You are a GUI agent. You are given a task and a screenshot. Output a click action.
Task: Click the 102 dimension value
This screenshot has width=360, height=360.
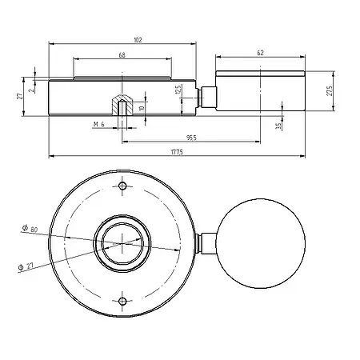pos(138,40)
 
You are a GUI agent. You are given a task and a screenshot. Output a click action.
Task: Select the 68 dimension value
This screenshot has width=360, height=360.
pos(122,55)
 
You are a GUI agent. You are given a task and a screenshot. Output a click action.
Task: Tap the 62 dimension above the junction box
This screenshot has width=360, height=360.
pos(260,53)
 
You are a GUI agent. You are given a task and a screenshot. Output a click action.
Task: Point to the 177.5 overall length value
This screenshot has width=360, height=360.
pos(177,152)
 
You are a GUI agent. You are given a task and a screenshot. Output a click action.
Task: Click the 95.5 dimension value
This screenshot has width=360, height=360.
pos(191,138)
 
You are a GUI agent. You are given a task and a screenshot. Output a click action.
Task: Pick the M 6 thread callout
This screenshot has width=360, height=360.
pos(99,124)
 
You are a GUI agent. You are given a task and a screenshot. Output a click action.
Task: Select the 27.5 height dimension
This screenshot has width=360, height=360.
pos(330,91)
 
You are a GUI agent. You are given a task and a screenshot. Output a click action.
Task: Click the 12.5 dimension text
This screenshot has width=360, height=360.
pos(178,90)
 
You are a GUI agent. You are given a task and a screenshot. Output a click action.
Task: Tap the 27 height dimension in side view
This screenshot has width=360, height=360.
pos(19,96)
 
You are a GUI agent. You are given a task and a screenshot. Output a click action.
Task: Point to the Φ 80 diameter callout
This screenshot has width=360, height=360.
pos(30,229)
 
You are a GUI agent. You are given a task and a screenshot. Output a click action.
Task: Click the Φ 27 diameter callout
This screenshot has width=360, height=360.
pos(26,266)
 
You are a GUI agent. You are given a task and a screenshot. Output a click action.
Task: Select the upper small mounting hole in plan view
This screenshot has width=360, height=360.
pos(122,186)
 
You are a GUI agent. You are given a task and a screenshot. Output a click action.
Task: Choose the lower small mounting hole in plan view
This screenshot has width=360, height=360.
pos(122,302)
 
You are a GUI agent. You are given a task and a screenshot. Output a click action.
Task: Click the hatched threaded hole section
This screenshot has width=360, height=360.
pos(122,105)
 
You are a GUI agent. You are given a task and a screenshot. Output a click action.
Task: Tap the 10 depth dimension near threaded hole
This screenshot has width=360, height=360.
pos(142,108)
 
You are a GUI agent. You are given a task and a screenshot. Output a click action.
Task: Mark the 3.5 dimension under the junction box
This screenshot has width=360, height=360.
pos(278,126)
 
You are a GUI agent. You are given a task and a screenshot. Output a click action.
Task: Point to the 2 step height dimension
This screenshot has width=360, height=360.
pos(32,90)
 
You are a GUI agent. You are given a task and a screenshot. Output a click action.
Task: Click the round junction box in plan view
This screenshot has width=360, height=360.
pos(260,243)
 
